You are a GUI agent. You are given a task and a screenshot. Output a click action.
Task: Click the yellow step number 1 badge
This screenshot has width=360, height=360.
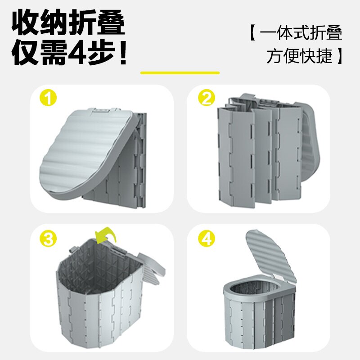[48, 98]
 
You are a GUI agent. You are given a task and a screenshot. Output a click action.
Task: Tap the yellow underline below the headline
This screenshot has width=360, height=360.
[180, 72]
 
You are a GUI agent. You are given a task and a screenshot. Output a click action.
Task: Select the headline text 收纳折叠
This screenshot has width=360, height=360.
[68, 22]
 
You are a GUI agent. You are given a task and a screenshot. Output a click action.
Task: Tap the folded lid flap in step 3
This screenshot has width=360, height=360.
[148, 270]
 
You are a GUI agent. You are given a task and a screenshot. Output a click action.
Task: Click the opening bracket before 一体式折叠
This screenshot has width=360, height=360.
[252, 34]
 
